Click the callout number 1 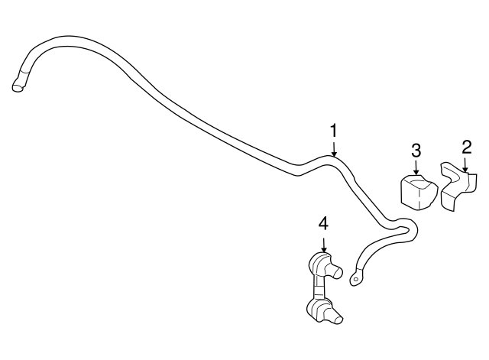pyautogui.click(x=334, y=131)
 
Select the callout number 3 pyautogui.click(x=416, y=150)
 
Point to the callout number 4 pyautogui.click(x=323, y=223)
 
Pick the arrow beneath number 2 pyautogui.click(x=466, y=164)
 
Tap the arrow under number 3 pyautogui.click(x=416, y=168)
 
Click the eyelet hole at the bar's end pyautogui.click(x=355, y=280)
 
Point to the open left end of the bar pyautogui.click(x=17, y=89)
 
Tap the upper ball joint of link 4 pyautogui.click(x=320, y=264)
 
